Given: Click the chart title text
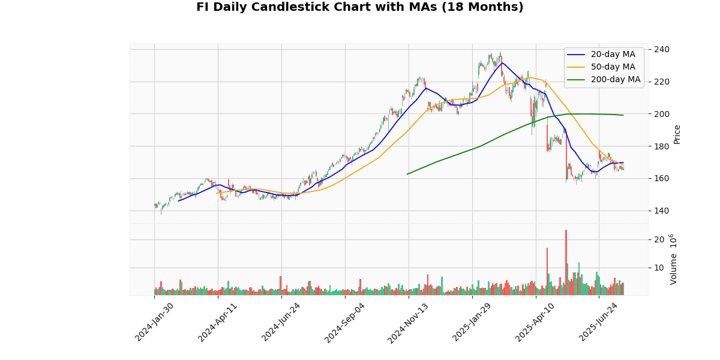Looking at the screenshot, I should (x=359, y=7).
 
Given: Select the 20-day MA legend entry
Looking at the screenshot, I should (x=613, y=55).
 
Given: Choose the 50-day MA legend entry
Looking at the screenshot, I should (x=613, y=67).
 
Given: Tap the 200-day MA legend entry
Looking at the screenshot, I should (x=615, y=80).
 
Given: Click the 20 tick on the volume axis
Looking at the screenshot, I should (x=658, y=239).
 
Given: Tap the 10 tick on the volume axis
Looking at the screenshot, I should (x=658, y=268).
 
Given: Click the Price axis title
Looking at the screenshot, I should (x=677, y=134).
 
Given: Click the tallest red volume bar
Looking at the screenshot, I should (x=566, y=263).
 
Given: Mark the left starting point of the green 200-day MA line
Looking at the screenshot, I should (x=407, y=174).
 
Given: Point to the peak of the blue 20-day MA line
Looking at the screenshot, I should (x=502, y=63).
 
